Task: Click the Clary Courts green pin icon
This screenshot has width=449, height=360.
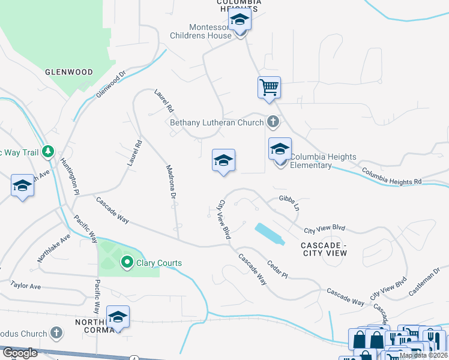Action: [x=127, y=262]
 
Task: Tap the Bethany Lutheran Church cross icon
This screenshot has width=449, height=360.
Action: [x=273, y=122]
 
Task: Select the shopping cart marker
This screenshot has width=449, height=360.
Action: [x=269, y=87]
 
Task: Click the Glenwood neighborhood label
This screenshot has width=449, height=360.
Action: [x=69, y=72]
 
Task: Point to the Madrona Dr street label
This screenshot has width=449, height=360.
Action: [x=170, y=183]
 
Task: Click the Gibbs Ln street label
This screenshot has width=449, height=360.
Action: [x=288, y=202]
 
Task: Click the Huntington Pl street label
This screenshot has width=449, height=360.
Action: [x=69, y=176]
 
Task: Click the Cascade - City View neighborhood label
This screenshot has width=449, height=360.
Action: [x=324, y=249]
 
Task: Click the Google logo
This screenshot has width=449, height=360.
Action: [x=19, y=353]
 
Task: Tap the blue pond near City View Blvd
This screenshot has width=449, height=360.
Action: [x=269, y=233]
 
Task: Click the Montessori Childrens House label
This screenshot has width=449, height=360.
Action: [x=210, y=31]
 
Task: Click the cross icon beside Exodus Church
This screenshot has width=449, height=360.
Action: [x=56, y=333]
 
